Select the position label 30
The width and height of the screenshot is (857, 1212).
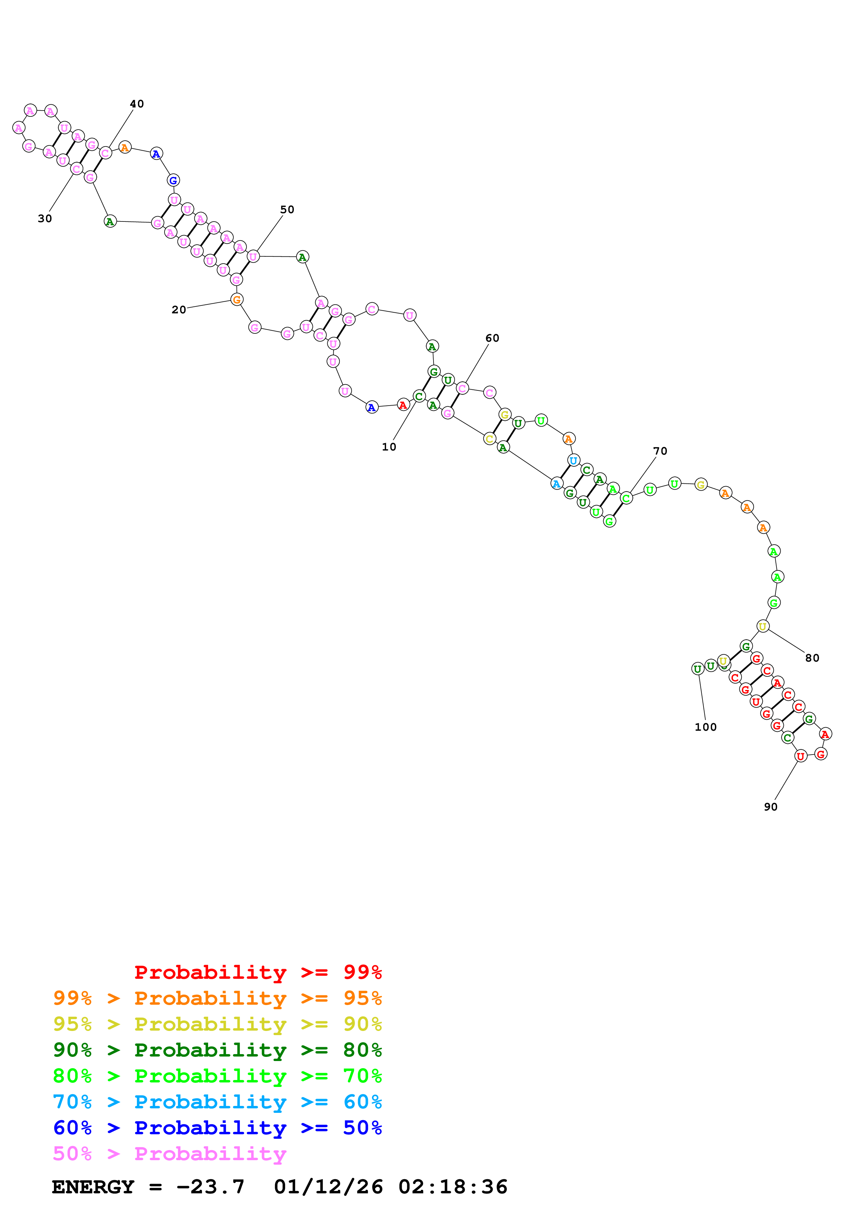tap(45, 219)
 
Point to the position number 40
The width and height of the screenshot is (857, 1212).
tap(137, 104)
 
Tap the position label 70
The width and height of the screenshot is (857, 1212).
tap(660, 451)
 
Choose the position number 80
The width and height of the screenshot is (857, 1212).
tap(812, 658)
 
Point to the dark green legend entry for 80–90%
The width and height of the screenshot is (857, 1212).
tap(217, 1050)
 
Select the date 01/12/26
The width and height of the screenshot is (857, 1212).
tap(328, 1187)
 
